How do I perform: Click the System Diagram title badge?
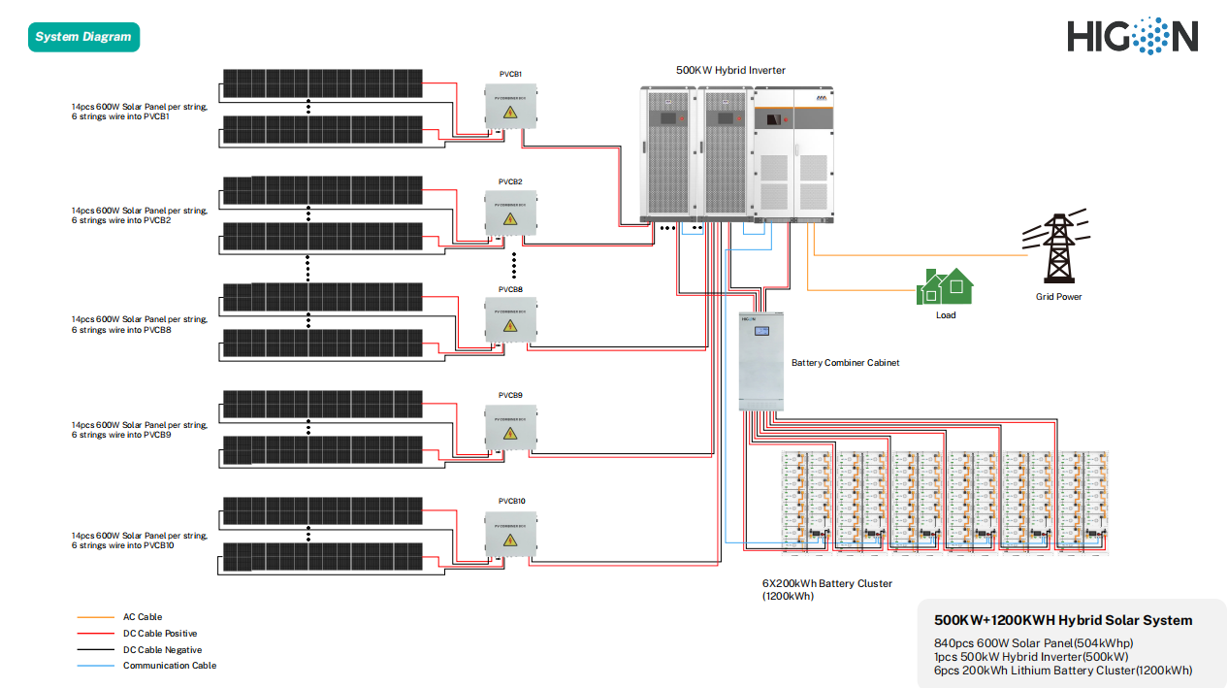pyautogui.click(x=83, y=37)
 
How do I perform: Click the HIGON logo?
pyautogui.click(x=1132, y=36)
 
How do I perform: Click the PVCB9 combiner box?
pyautogui.click(x=510, y=427)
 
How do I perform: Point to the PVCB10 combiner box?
pyautogui.click(x=510, y=534)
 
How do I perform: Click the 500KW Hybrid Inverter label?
pyautogui.click(x=730, y=70)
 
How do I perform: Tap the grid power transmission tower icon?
pyautogui.click(x=1056, y=246)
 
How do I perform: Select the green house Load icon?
pyautogui.click(x=945, y=286)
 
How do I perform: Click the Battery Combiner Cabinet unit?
pyautogui.click(x=759, y=360)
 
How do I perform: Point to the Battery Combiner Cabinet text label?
pyautogui.click(x=845, y=363)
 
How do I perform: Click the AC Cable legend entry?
pyautogui.click(x=143, y=617)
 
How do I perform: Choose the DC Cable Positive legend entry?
pyautogui.click(x=160, y=634)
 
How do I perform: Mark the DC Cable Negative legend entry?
pyautogui.click(x=162, y=650)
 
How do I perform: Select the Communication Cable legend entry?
pyautogui.click(x=169, y=666)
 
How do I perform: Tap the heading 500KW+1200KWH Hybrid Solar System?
pyautogui.click(x=1063, y=620)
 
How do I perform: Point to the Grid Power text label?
pyautogui.click(x=1058, y=297)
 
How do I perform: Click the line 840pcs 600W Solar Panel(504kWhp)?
pyautogui.click(x=1033, y=643)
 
